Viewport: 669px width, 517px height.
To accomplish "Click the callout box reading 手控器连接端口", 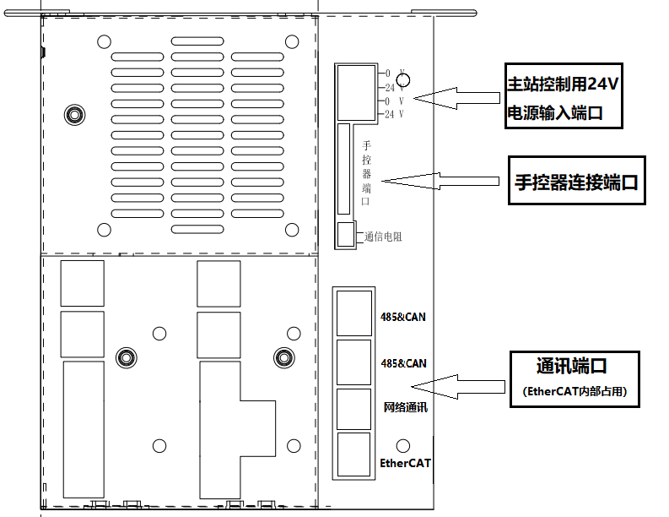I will tap(576, 180).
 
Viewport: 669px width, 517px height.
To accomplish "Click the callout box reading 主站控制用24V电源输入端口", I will tap(564, 97).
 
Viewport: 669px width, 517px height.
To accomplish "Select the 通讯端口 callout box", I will tap(572, 378).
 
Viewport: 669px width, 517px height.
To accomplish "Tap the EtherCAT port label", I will tap(405, 463).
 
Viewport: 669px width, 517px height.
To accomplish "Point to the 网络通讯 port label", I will tap(406, 407).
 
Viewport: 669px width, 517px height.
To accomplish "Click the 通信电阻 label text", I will tap(383, 237).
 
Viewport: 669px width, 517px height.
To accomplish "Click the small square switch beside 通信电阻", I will tap(346, 235).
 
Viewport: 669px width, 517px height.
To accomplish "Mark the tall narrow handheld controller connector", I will tap(343, 169).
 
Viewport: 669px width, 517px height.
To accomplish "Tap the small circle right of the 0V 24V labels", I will tap(403, 81).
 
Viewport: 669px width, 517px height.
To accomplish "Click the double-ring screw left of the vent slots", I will tap(74, 115).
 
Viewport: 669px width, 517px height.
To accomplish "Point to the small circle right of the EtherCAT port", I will tap(403, 445).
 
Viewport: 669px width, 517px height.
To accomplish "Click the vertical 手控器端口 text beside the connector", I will tap(366, 174).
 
